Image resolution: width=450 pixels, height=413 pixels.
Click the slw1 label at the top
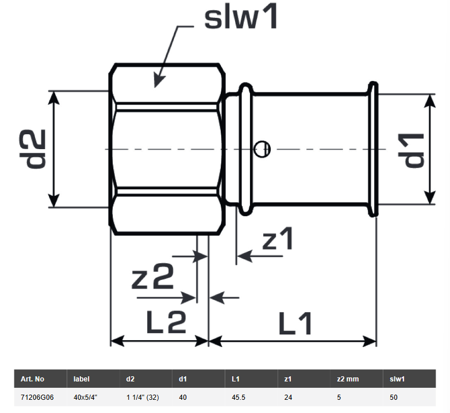point(241,18)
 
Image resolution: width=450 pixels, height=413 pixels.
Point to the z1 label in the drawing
point(278,239)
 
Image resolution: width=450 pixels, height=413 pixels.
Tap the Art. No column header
point(32,379)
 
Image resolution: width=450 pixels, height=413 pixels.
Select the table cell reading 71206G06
point(37,397)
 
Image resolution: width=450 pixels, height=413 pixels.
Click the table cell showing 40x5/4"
point(85,397)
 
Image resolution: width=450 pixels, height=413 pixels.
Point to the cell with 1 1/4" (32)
point(143,397)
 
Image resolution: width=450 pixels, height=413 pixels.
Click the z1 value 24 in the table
point(288,397)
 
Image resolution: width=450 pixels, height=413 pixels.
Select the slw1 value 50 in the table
point(393,397)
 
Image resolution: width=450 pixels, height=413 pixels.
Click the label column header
point(82,379)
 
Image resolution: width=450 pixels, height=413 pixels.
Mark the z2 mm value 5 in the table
point(339,397)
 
